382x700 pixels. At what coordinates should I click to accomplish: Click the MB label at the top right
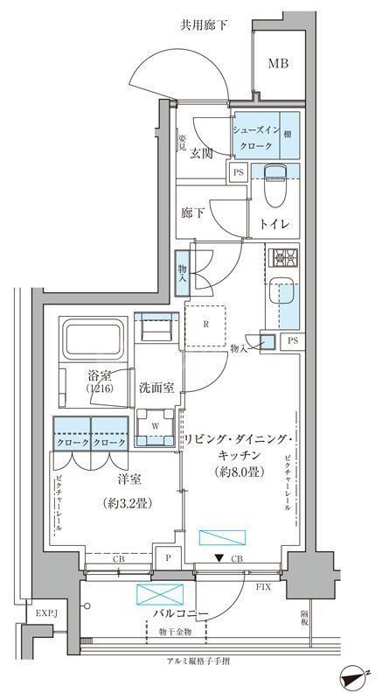(277, 63)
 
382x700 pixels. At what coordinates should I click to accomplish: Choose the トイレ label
(273, 223)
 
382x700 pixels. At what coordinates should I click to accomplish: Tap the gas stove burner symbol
(284, 258)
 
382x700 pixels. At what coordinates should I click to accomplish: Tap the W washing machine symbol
(156, 428)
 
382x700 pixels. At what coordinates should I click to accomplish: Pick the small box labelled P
(167, 557)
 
